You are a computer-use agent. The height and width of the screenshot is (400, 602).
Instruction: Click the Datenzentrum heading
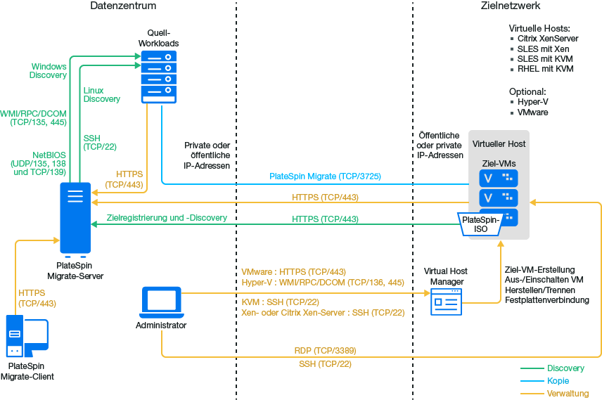pos(123,6)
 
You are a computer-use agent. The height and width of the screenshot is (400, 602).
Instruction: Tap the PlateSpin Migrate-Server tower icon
pos(75,218)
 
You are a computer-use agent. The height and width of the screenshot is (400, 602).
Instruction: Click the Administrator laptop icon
pos(161,302)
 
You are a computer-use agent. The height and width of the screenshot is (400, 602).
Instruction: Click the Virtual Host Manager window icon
pos(446,302)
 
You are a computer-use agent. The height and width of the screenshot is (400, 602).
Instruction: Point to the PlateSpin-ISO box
pos(481,224)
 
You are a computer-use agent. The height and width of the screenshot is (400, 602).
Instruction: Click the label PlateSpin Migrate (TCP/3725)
pos(325,176)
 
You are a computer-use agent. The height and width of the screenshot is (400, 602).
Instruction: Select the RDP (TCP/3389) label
pos(324,350)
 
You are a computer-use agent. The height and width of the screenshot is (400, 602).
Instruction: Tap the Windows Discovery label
pos(49,71)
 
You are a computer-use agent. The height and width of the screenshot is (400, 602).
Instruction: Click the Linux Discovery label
pos(101,95)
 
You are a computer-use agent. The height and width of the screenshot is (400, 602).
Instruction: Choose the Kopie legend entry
pos(558,380)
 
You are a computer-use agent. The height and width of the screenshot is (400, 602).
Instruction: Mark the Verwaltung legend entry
pos(568,393)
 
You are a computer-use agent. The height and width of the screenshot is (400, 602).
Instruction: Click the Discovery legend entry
pos(565,368)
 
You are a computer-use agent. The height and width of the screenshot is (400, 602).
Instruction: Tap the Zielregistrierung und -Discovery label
pos(167,218)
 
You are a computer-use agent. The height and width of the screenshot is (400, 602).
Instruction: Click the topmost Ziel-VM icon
pos(499,179)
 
